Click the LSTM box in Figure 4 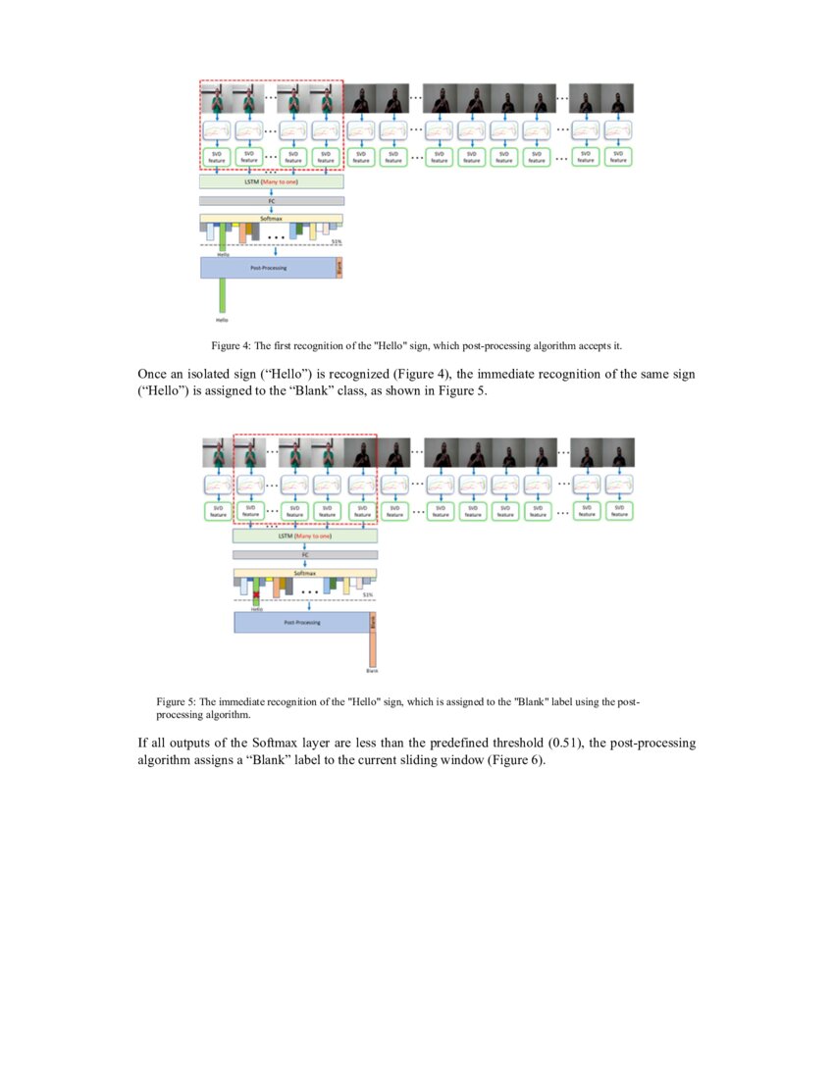coord(272,181)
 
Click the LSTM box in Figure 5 coord(305,537)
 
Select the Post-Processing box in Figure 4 coord(268,267)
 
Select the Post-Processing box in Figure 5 coord(301,622)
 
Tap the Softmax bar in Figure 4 coord(272,219)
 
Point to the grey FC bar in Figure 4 coord(272,200)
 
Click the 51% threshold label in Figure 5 coord(369,594)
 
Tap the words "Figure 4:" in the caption coord(231,346)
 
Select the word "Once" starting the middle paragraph coord(155,374)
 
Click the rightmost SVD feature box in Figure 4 coord(618,157)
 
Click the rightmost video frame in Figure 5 coord(619,453)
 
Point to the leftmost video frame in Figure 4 coord(216,99)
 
